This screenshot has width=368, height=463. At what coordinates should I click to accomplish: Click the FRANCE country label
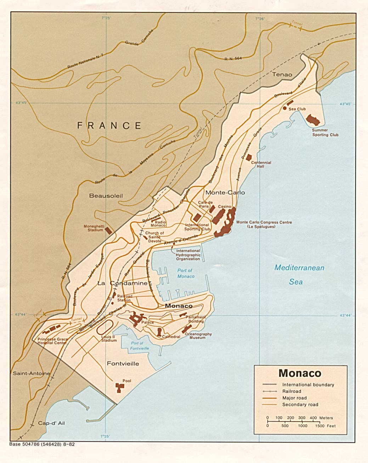coord(109,126)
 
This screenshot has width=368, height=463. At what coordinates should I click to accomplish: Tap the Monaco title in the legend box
coord(300,373)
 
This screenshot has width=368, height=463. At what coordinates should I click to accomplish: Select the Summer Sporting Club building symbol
coord(313,120)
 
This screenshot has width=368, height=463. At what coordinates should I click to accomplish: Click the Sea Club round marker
coord(285,108)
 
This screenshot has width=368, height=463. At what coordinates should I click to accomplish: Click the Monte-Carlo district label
coord(225,192)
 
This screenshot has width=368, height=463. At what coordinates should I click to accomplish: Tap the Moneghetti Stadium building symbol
coord(109,230)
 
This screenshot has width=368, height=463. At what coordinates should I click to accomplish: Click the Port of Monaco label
coord(186,273)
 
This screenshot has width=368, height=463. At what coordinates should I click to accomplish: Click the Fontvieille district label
coord(123,364)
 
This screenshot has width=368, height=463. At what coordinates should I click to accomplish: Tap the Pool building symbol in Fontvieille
coord(119,388)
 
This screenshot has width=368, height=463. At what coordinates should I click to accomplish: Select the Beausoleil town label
coord(106,196)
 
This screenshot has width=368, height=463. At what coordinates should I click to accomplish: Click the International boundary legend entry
coord(308,384)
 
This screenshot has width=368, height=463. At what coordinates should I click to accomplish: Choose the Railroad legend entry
coord(291,391)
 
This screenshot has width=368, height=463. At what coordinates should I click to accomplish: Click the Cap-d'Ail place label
coord(51,423)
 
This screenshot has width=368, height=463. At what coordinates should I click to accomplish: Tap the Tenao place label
coord(282,74)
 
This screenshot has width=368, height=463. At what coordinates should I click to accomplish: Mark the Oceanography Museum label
coord(198,336)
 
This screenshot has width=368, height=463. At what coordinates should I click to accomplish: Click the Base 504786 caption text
coord(42,444)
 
